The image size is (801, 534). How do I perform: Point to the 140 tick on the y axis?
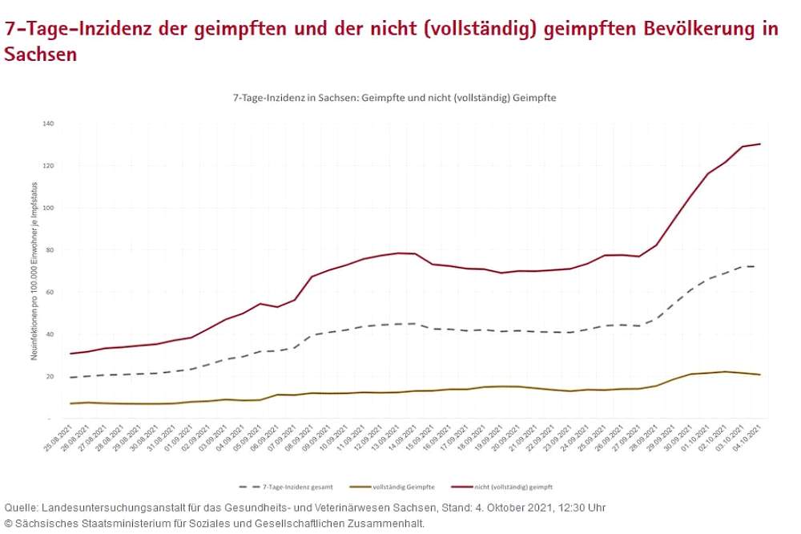[x=47, y=123]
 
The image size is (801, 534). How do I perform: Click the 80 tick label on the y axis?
[x=49, y=250]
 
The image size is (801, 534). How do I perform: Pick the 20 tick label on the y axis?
[x=49, y=376]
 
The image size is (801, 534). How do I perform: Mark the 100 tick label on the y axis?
[x=47, y=208]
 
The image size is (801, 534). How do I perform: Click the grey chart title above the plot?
[x=394, y=97]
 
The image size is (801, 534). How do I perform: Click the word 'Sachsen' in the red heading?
[x=41, y=55]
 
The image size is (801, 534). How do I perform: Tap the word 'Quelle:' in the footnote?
[x=21, y=508]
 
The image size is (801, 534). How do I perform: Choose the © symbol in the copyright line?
[x=9, y=524]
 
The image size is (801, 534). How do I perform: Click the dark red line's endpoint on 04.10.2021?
[x=759, y=144]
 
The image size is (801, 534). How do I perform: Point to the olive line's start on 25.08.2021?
[x=71, y=403]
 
